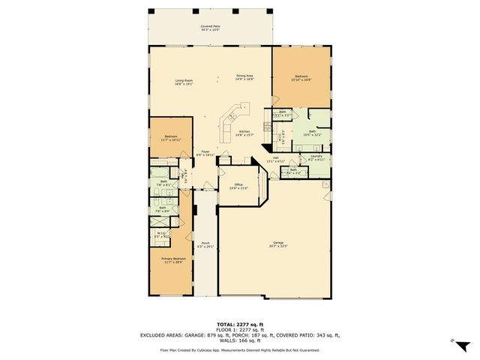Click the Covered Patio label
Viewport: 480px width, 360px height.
tap(210, 28)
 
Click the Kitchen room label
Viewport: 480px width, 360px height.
tap(244, 132)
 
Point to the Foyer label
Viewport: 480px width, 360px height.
tap(205, 153)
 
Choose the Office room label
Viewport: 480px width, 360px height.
tap(238, 186)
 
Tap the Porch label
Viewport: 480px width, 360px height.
tap(205, 244)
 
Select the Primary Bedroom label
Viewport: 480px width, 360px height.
tap(173, 259)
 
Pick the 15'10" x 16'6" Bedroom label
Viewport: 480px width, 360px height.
tap(300, 79)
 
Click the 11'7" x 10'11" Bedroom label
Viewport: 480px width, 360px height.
tap(166, 138)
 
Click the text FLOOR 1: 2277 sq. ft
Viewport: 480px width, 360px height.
tap(240, 329)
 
